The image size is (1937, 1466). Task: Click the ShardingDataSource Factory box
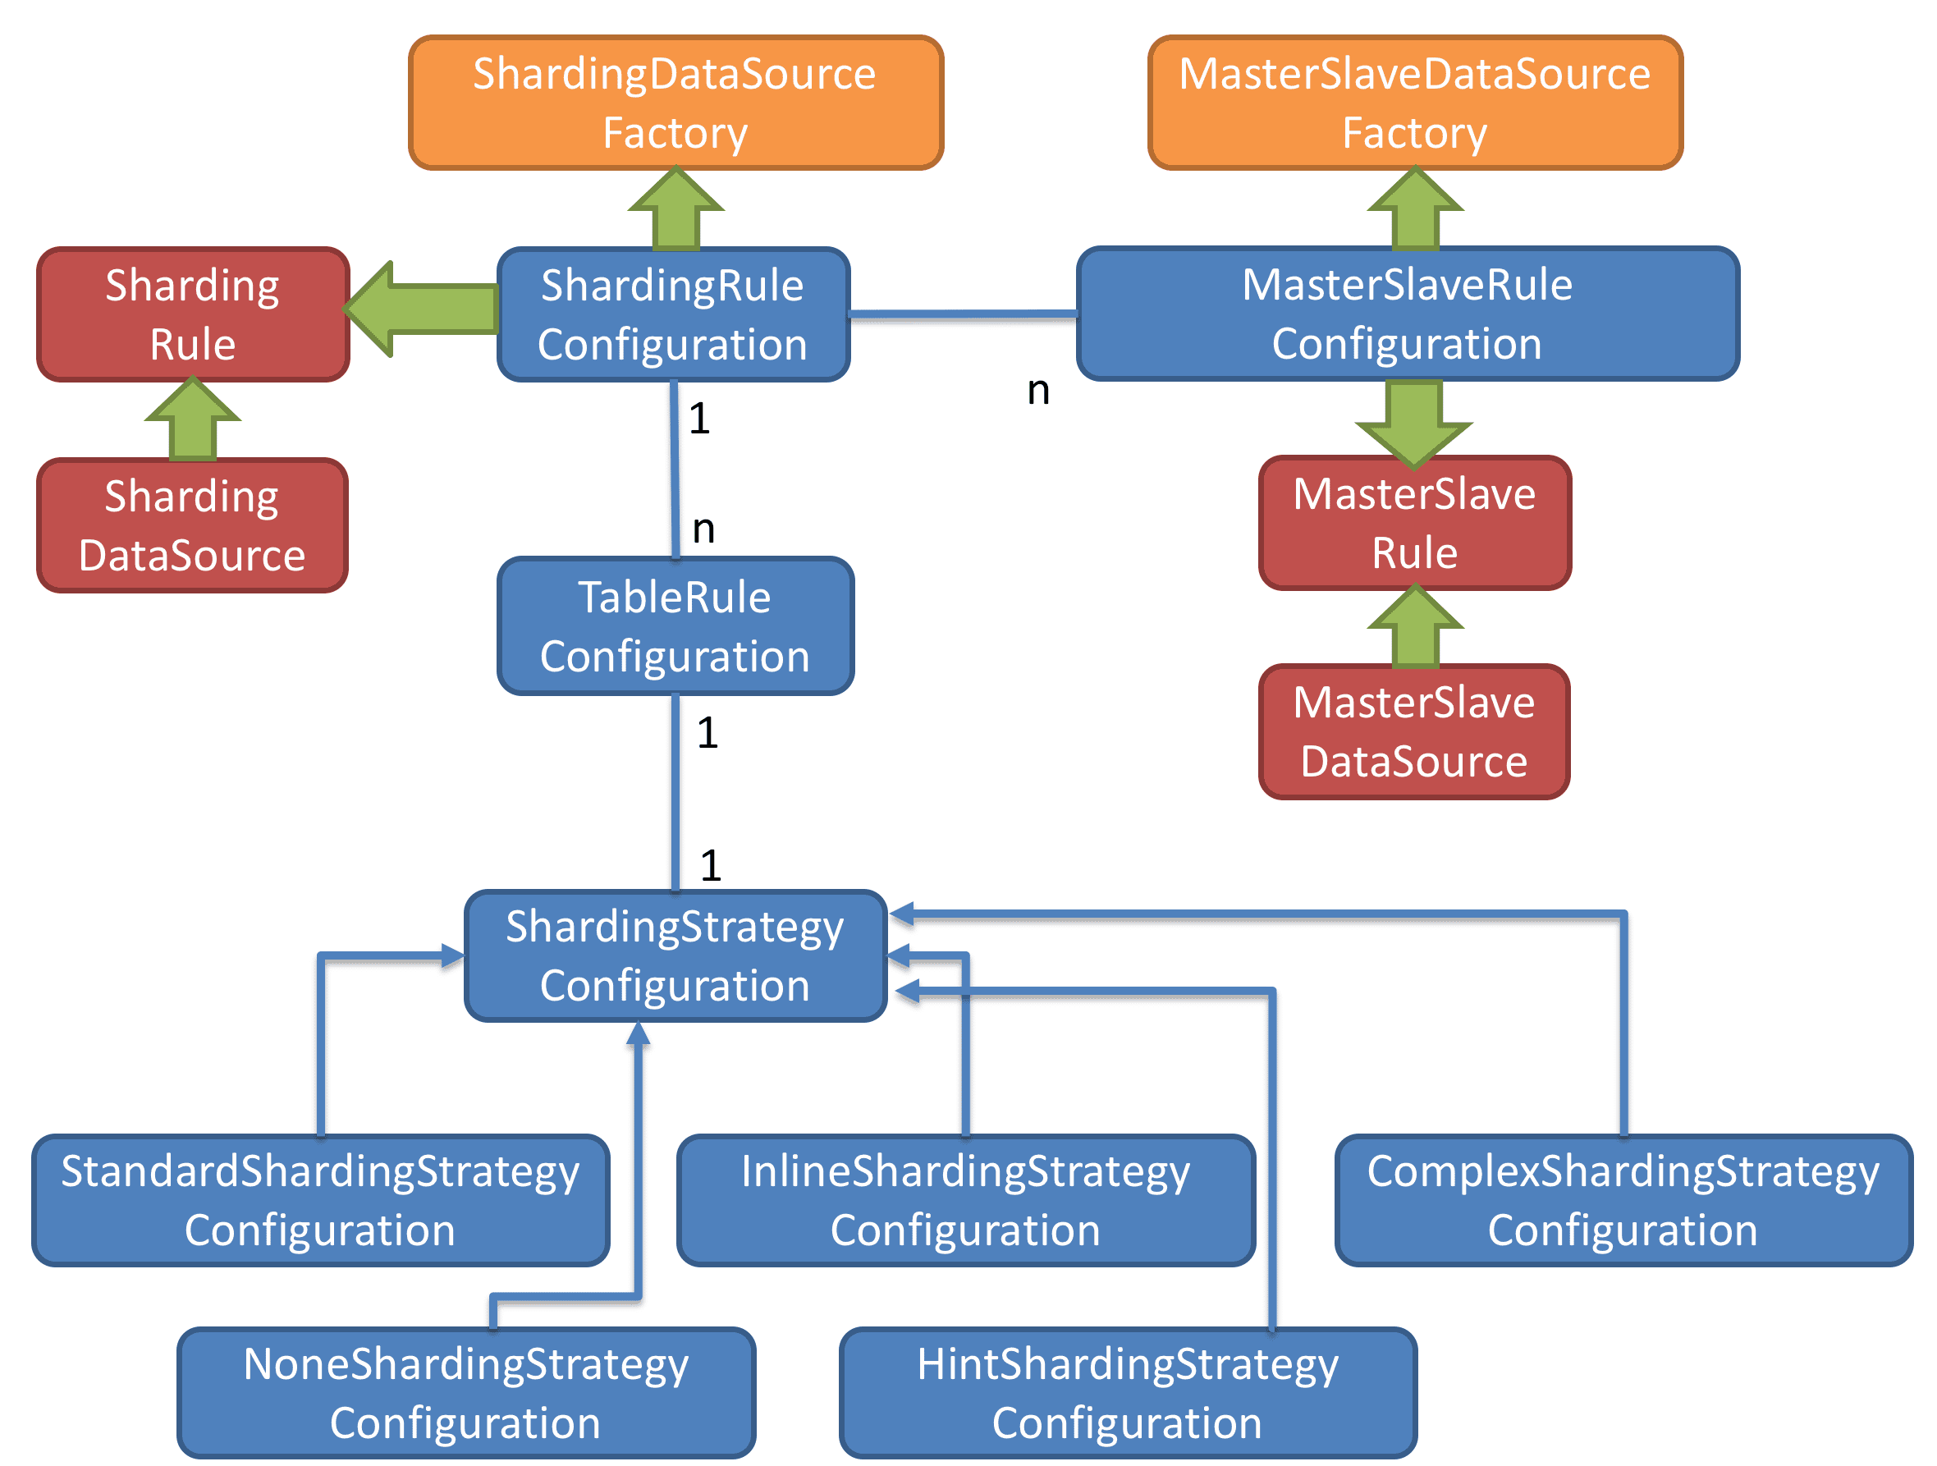coord(675,103)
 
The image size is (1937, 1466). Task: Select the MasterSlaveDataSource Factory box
coord(1414,103)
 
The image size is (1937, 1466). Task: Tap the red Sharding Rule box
coord(193,314)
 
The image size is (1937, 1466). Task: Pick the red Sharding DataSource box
coord(192,525)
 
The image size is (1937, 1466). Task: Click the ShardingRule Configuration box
coord(672,314)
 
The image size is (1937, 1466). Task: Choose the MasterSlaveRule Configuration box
coord(1408,313)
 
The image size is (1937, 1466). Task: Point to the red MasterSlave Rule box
coord(1414,523)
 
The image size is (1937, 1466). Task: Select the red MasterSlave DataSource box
coord(1413,731)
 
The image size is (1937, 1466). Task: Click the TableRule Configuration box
coord(675,626)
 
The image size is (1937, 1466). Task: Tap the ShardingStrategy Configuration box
coord(675,955)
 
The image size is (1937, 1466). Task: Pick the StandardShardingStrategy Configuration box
coord(319,1200)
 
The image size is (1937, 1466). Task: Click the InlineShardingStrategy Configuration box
coord(965,1200)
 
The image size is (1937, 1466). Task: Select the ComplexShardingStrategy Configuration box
coord(1623,1200)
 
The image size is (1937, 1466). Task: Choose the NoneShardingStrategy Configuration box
coord(466,1392)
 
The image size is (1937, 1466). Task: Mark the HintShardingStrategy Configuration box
coord(1128,1392)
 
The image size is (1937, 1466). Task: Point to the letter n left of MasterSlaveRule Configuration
coord(1038,391)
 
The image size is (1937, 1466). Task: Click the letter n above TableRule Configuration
coord(704,529)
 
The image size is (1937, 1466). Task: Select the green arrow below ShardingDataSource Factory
coord(675,210)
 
